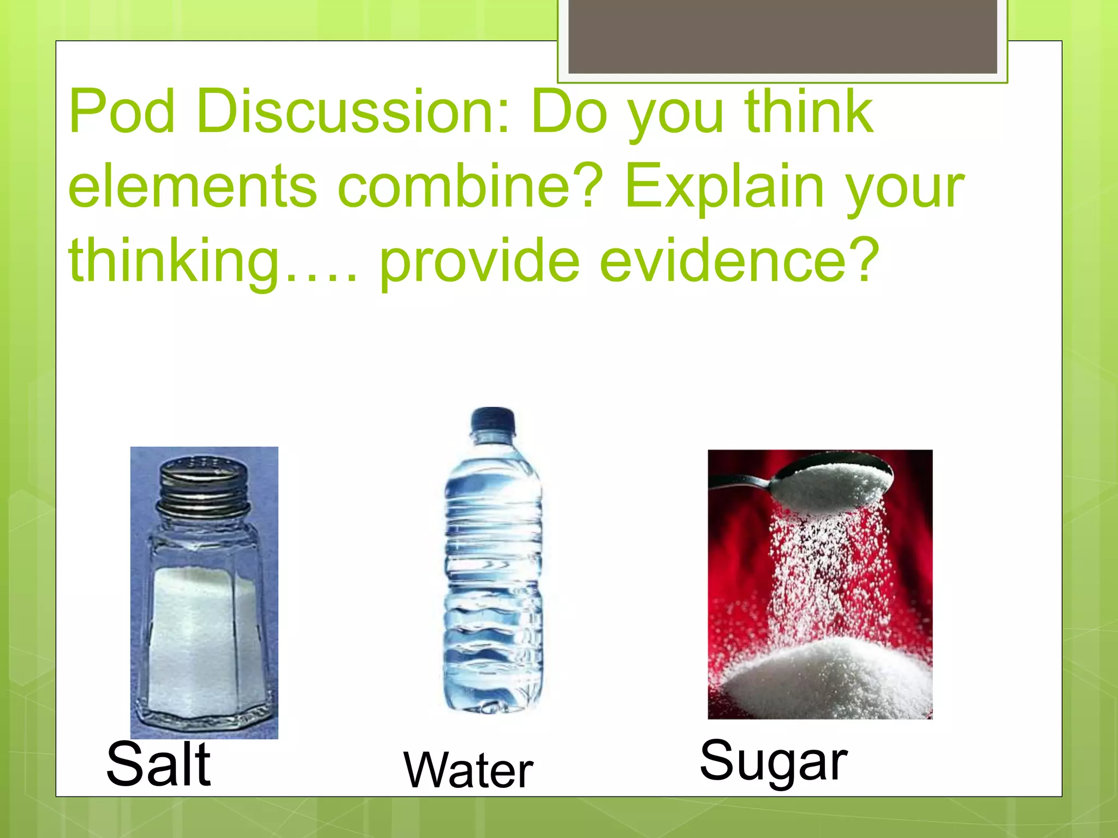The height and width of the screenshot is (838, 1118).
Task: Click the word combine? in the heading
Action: [x=469, y=187]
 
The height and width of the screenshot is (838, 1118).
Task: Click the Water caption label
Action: [x=468, y=770]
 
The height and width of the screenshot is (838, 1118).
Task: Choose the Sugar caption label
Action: [x=773, y=761]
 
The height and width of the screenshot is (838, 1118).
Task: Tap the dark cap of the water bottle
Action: [x=492, y=421]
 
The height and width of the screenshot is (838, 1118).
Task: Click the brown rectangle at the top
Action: [x=782, y=36]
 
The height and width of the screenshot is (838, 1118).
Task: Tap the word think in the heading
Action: [x=808, y=112]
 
